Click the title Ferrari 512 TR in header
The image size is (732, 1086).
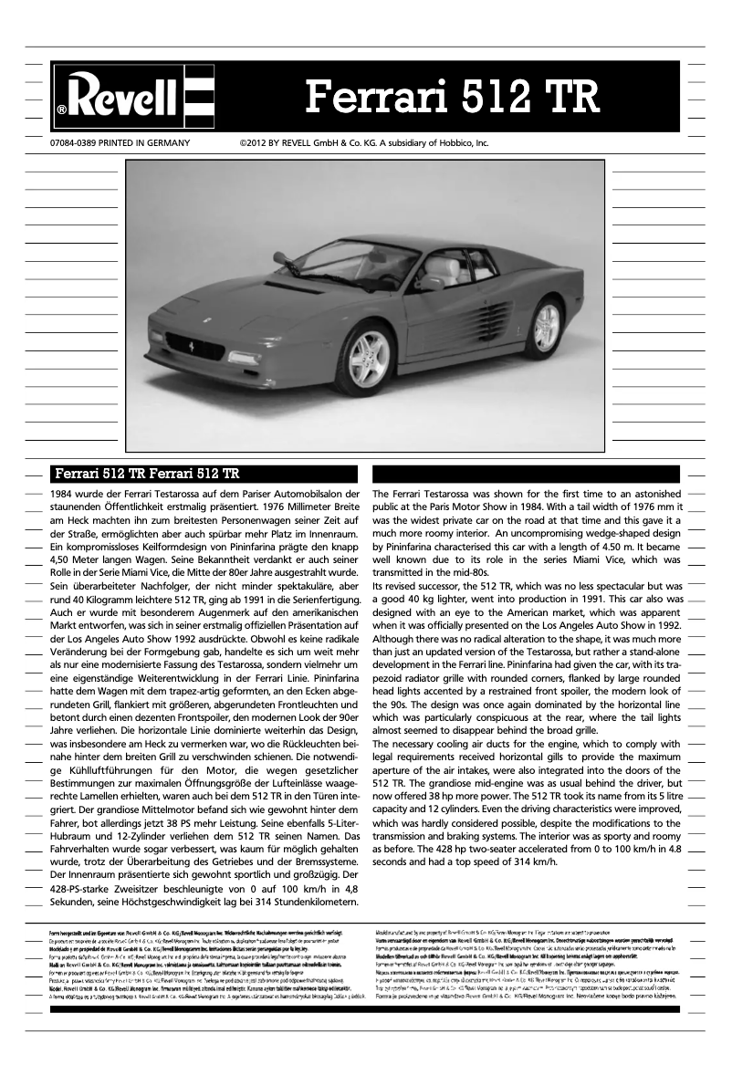(452, 95)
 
